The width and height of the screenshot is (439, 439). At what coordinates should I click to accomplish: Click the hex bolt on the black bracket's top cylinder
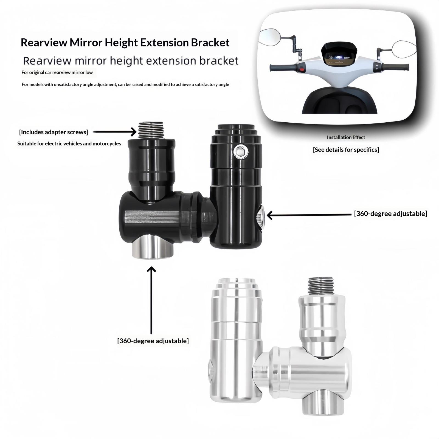241,152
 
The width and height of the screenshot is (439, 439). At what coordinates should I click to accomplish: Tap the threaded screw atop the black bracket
151,130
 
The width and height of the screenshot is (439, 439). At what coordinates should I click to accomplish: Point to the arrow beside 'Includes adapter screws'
115,132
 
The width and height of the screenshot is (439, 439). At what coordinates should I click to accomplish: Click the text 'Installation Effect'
346,137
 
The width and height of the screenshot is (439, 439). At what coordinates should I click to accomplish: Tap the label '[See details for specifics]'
346,150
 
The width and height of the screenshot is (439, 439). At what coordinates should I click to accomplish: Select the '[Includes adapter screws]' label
54,132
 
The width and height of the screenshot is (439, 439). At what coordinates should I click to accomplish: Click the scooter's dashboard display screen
338,57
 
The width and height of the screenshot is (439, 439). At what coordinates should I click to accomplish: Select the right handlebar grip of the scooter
395,67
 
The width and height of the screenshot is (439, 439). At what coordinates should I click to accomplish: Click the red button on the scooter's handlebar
302,69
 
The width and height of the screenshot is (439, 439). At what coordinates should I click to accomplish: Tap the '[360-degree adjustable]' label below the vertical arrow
153,341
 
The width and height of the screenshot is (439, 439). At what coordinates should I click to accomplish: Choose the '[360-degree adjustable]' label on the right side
390,213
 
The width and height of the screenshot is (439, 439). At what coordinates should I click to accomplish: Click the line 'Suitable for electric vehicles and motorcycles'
69,143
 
